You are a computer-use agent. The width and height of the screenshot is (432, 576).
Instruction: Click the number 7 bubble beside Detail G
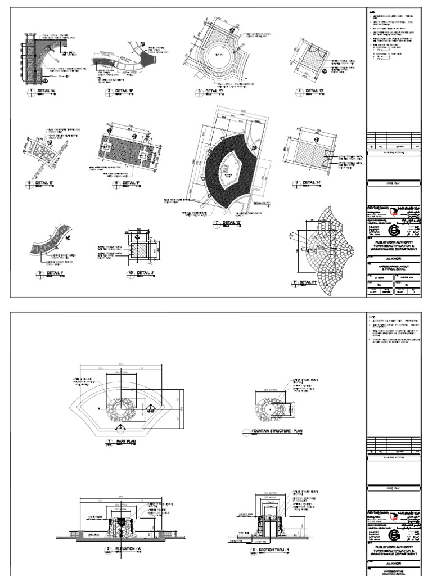coord(215,223)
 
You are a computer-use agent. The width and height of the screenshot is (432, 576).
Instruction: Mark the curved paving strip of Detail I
coord(51,242)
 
